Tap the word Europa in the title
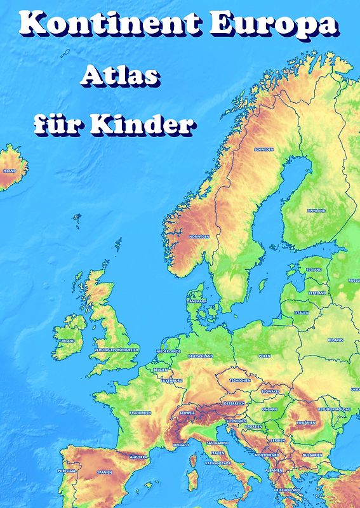coord(274,23)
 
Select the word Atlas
coord(119,77)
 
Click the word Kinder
coord(140,124)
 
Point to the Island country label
coord(10,171)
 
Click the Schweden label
coord(263,150)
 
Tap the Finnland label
coord(316,210)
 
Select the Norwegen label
coord(199,236)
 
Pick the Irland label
coord(68,340)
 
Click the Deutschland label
coord(201,356)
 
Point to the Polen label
coord(264,356)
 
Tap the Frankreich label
coord(140,413)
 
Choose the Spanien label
coord(105,472)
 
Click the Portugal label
coord(67,471)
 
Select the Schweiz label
coord(187,413)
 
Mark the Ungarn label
coord(269,410)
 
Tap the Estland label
coord(314,269)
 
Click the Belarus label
coord(335,340)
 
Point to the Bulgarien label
coord(312,455)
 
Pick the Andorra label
coord(138,456)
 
